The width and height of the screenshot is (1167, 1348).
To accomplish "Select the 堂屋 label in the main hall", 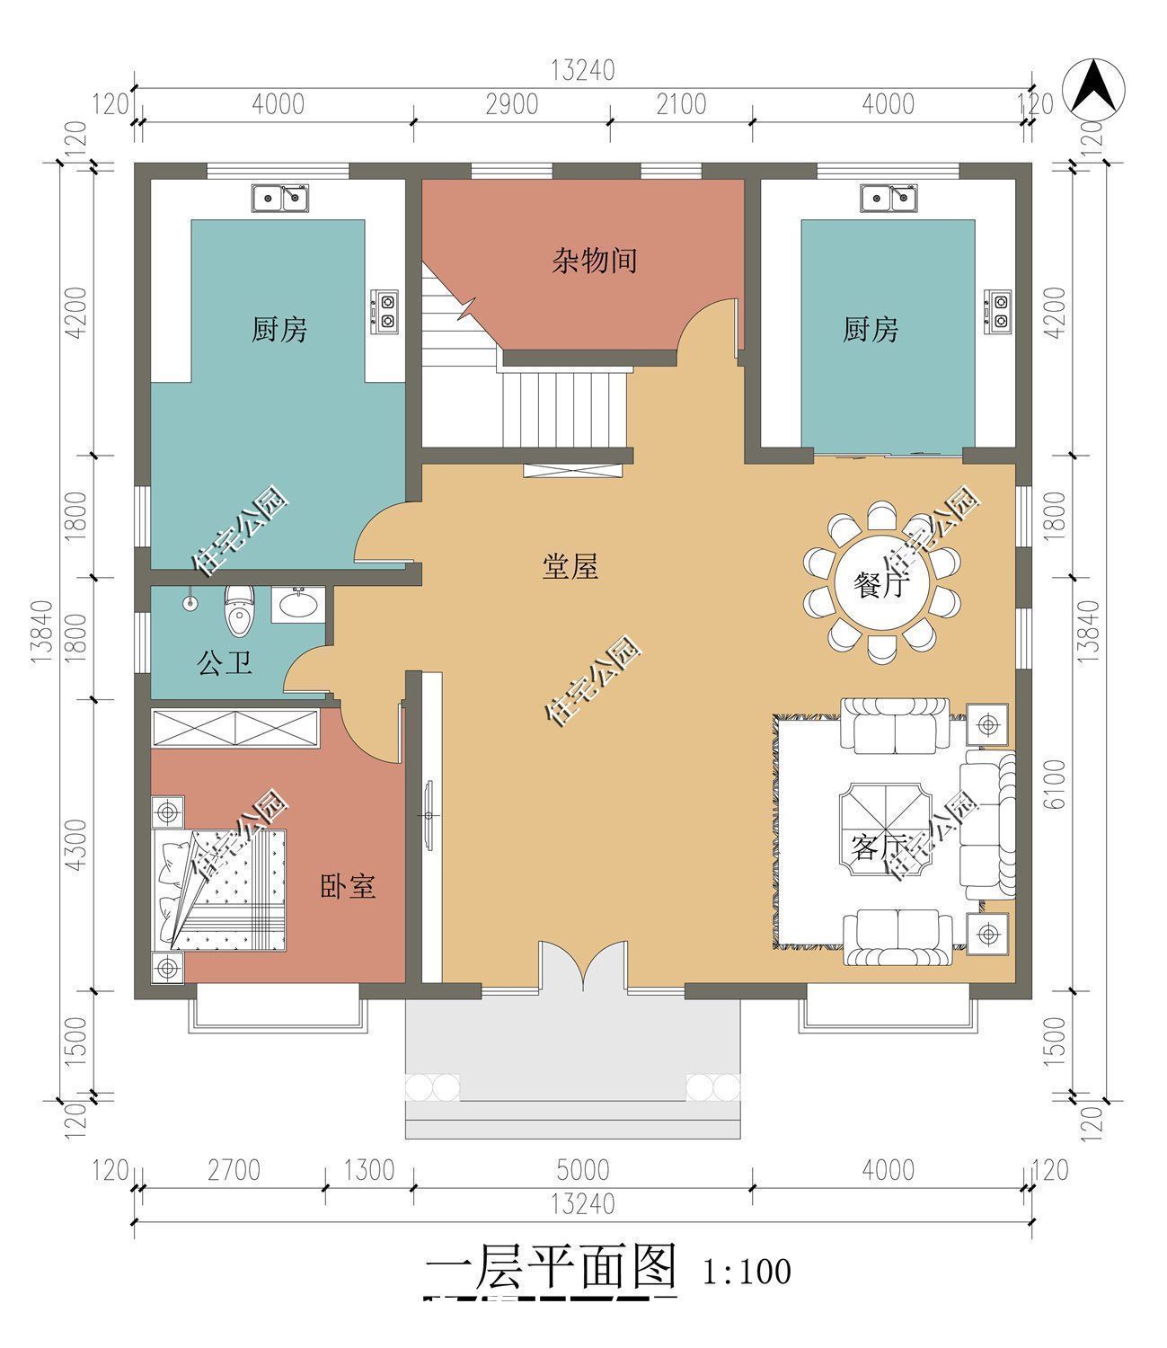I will click(x=570, y=567).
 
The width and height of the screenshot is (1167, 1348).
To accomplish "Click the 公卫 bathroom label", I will click(x=224, y=664).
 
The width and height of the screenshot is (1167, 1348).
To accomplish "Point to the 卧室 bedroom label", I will click(x=348, y=887).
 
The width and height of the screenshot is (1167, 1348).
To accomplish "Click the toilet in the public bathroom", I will click(x=239, y=610).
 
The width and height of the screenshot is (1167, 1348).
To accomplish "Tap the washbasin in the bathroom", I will click(x=297, y=605).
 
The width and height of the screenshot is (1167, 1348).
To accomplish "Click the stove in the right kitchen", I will click(x=998, y=311).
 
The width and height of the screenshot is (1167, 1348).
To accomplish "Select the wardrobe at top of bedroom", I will click(x=235, y=727).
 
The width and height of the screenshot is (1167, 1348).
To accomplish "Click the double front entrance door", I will click(x=584, y=966).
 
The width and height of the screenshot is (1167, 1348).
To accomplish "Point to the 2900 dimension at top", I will click(x=511, y=104).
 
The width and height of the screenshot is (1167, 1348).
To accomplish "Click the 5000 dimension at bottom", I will click(x=582, y=1170).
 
